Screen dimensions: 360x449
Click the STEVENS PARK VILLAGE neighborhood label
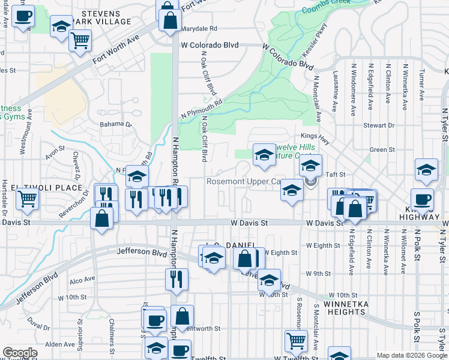(106, 17)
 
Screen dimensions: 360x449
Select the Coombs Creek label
(326, 8)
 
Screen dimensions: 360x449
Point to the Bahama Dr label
(115, 124)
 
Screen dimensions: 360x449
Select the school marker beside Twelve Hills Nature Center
(264, 155)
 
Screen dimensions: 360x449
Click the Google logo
(20, 353)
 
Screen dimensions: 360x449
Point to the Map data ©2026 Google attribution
(411, 355)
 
